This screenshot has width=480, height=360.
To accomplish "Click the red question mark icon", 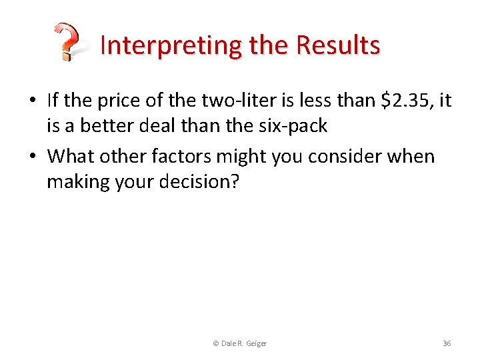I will point(67,41).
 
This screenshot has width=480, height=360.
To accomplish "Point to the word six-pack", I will point(295,126).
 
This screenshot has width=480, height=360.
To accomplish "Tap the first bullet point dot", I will point(33,101).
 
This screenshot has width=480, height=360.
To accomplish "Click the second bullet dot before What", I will point(33,157).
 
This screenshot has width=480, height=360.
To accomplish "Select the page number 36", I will point(447,343).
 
